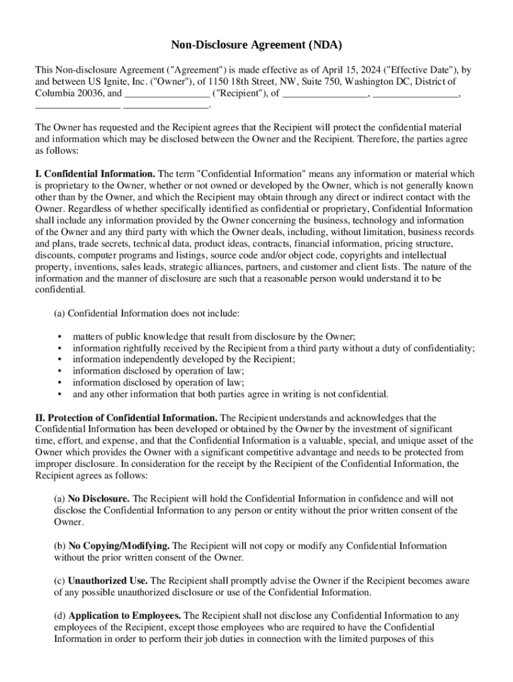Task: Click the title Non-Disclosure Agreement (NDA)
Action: click(x=256, y=45)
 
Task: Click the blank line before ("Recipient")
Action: click(x=167, y=93)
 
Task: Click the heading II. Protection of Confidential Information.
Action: click(x=126, y=418)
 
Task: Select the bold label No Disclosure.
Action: click(x=99, y=498)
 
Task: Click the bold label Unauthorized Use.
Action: click(x=108, y=581)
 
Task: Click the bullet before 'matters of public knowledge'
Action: click(x=60, y=337)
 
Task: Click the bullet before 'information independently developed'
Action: click(x=60, y=360)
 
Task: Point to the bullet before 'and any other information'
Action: click(x=60, y=394)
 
